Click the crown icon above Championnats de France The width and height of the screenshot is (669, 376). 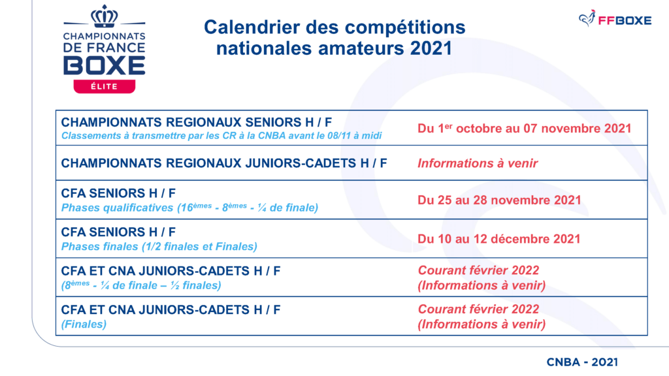[104, 16]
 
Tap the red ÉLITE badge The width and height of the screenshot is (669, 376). [104, 86]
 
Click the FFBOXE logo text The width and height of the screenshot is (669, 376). [625, 20]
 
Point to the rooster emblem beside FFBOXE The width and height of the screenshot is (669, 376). [587, 18]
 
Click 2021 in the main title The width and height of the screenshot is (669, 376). [431, 48]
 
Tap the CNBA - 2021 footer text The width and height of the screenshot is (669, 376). [582, 362]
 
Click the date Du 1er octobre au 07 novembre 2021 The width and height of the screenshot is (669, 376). [524, 129]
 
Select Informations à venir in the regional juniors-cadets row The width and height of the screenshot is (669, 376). [478, 163]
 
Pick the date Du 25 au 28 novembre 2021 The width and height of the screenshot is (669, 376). [499, 200]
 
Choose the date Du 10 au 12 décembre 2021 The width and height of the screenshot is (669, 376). [498, 239]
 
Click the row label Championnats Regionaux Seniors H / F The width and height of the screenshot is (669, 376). [196, 122]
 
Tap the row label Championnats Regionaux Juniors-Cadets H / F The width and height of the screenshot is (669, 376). [224, 163]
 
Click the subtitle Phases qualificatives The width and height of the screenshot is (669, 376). [117, 208]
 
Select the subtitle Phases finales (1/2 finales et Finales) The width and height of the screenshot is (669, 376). [159, 246]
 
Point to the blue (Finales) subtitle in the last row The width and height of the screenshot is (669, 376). [84, 324]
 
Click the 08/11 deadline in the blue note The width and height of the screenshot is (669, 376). [339, 136]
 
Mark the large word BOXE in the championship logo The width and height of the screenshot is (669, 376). [104, 66]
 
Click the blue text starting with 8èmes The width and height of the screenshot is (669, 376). [141, 285]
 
